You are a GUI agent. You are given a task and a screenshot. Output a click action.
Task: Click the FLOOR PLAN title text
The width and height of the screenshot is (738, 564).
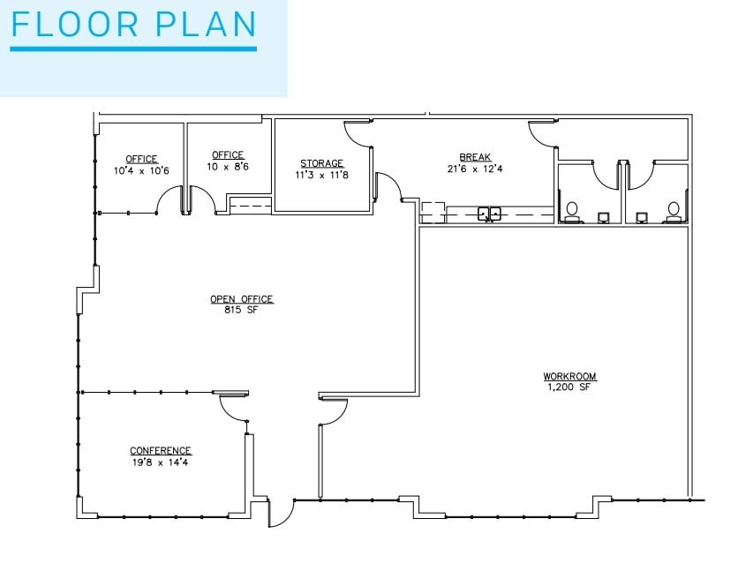pos(133,25)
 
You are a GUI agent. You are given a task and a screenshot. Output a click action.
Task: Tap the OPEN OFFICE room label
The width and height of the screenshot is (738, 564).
pos(241,299)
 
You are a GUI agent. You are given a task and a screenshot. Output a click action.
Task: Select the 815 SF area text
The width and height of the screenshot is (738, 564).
pos(241,310)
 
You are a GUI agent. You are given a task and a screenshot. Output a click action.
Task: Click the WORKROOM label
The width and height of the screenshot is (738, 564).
pos(569,377)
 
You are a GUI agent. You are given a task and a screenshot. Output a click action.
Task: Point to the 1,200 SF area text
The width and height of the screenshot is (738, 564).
pos(569,387)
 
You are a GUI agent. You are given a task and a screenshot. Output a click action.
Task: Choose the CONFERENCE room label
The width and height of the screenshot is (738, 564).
pos(161,450)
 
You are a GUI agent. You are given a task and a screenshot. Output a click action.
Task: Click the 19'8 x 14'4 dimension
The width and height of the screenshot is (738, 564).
pos(161,462)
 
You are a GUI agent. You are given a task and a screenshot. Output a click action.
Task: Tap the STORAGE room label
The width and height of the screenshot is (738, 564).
pos(321,163)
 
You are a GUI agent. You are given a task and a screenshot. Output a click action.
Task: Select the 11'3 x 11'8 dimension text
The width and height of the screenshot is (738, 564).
pos(321,175)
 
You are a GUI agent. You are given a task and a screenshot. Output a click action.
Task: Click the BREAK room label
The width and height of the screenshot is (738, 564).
pos(475,157)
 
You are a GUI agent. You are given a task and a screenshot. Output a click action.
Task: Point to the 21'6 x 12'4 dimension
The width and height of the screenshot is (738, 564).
pos(475,169)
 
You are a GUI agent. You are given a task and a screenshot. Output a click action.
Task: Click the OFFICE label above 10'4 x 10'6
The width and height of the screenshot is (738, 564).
pos(141,159)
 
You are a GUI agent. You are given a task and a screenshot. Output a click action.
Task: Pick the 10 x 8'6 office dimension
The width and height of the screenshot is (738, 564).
pos(228,165)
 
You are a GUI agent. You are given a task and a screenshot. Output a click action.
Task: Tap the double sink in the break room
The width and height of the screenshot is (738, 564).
pos(489,213)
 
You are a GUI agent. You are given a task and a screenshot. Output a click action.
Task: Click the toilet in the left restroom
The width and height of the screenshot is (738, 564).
pos(571,210)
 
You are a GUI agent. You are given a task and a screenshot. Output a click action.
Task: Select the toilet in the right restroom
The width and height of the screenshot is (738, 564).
pos(674,210)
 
